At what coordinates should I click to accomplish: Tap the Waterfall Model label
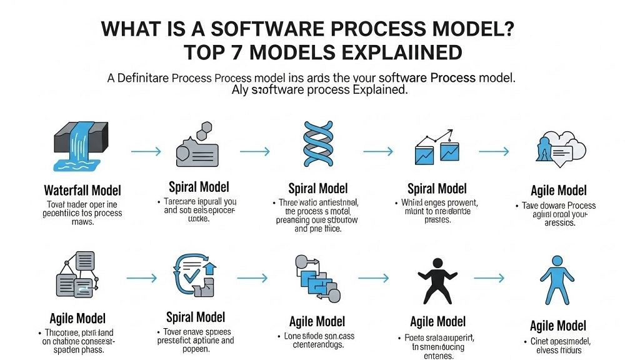(82, 190)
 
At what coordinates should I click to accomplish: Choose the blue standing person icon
(558, 279)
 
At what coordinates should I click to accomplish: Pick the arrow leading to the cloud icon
(494, 151)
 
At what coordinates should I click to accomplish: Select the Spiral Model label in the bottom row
(196, 317)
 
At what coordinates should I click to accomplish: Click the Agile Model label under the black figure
(437, 321)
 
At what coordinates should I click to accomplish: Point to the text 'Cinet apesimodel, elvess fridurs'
(557, 346)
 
